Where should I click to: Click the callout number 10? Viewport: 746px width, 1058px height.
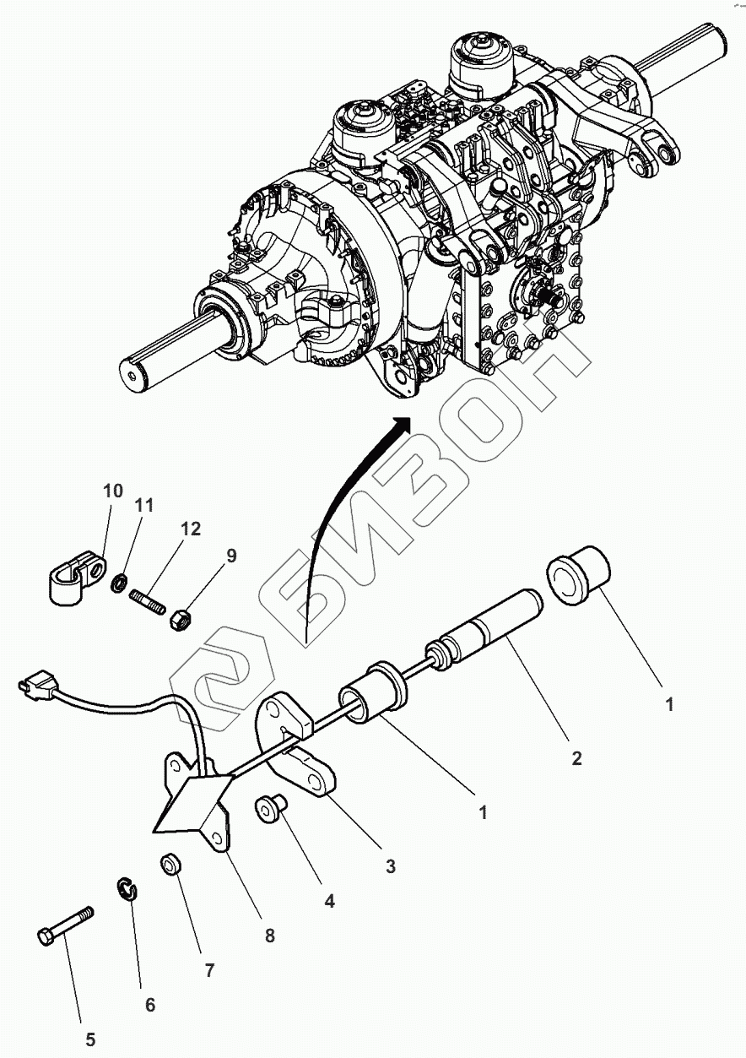[113, 491]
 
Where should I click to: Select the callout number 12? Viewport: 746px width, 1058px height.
[190, 529]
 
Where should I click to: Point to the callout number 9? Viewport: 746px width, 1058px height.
[230, 555]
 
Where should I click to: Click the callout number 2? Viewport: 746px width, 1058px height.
[576, 758]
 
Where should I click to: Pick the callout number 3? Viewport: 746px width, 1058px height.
[390, 865]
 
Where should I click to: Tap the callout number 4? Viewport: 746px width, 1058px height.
[329, 902]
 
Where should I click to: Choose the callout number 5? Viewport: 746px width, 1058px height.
[89, 1040]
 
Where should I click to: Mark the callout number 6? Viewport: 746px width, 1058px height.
[150, 1005]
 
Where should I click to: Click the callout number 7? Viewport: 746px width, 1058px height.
[208, 970]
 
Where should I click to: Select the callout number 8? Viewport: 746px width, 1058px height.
[269, 936]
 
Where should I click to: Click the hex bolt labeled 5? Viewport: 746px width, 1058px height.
[66, 926]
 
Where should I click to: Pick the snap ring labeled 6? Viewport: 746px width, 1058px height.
[127, 890]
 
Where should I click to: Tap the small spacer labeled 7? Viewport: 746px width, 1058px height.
[171, 865]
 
